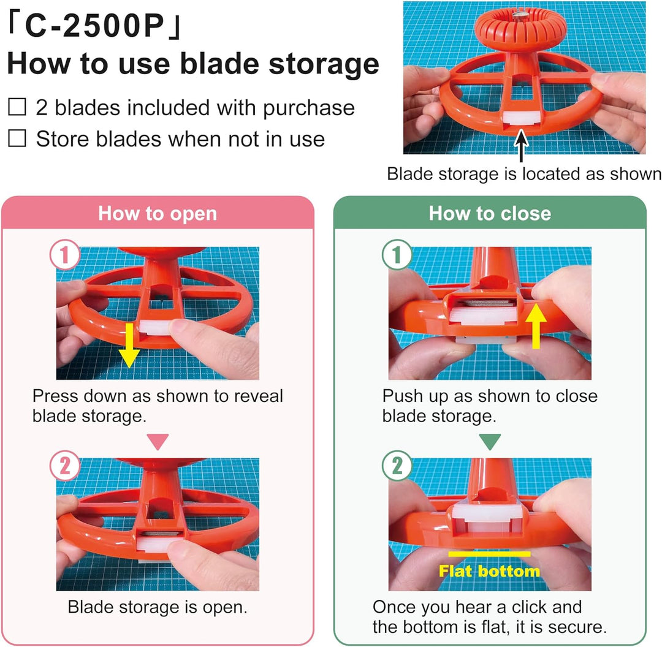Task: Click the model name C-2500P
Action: click(94, 26)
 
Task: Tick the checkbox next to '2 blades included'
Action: click(17, 107)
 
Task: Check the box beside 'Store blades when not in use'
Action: click(17, 138)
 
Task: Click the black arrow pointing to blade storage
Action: click(522, 146)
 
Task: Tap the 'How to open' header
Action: click(158, 213)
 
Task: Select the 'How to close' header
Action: click(490, 213)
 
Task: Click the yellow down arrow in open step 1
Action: click(128, 346)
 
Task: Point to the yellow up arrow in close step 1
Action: click(536, 326)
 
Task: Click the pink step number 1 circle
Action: click(64, 254)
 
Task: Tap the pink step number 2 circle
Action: click(64, 466)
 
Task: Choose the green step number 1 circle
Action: click(397, 254)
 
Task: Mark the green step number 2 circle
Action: click(397, 466)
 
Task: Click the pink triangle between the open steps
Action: click(158, 441)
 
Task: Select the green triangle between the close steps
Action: click(490, 441)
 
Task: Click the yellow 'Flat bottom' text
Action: click(489, 571)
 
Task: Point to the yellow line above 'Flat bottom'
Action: click(489, 554)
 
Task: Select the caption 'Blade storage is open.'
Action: click(158, 607)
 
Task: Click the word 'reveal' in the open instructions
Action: click(259, 396)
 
